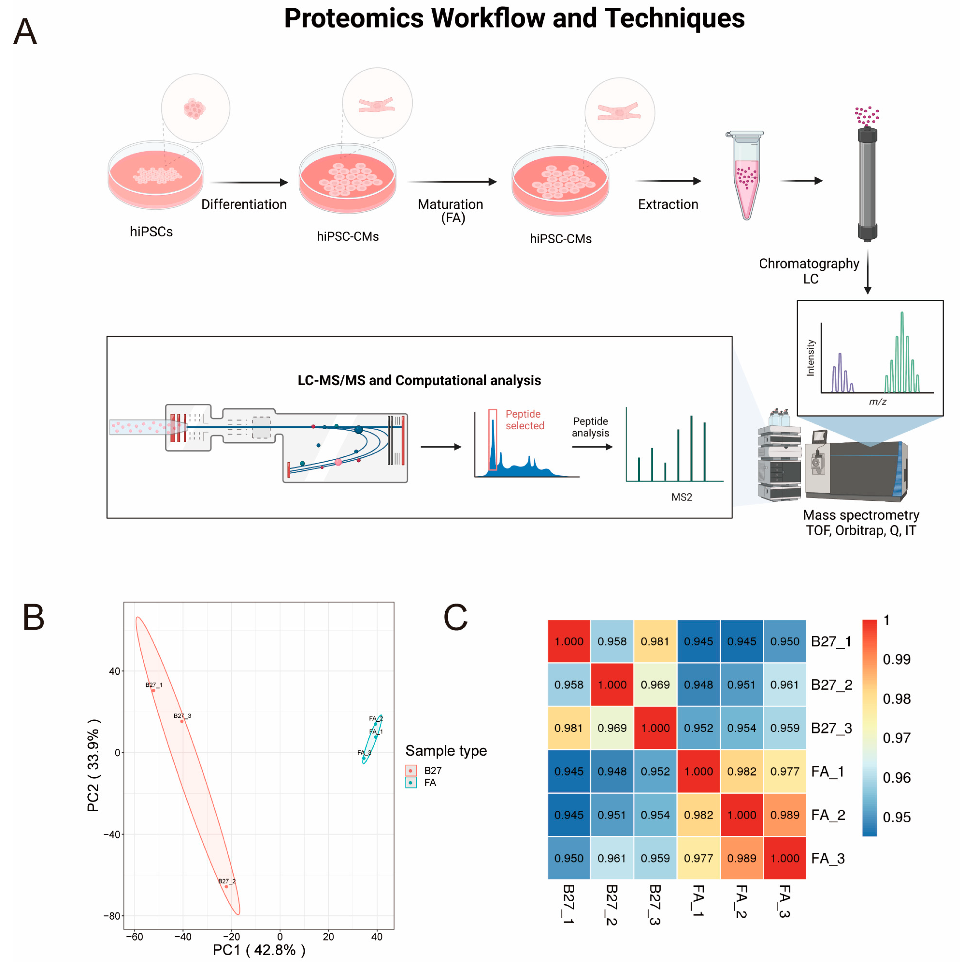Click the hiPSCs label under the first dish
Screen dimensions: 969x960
151,232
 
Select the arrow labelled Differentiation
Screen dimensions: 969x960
249,183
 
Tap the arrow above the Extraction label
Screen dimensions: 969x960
668,181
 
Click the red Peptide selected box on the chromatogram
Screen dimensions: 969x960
493,439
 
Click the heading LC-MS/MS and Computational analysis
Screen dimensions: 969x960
419,380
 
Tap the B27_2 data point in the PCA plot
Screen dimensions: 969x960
226,886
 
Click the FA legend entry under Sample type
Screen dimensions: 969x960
430,782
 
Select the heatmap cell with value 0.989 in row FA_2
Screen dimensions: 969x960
784,815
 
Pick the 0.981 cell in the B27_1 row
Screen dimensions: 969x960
655,641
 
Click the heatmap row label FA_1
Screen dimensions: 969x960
828,771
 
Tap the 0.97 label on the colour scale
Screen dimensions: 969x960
896,738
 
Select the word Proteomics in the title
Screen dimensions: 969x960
353,18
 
